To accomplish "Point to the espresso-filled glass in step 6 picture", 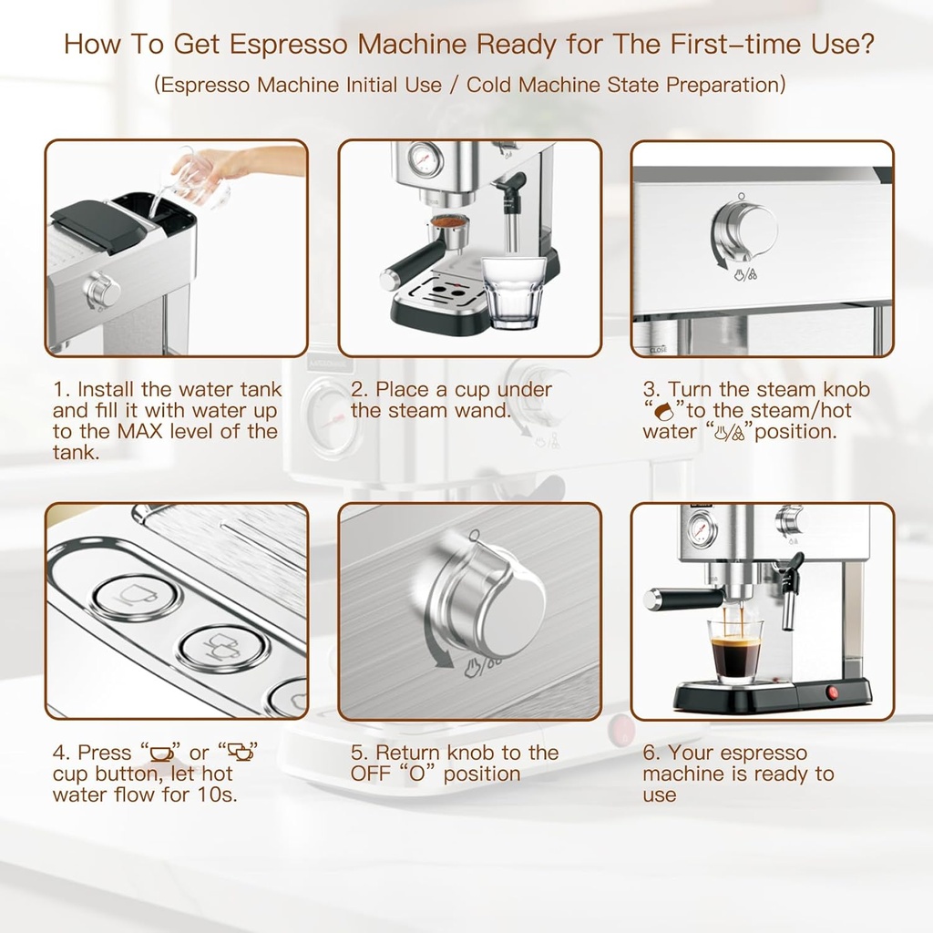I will [x=735, y=650].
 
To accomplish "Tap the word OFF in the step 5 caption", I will [x=371, y=774].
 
